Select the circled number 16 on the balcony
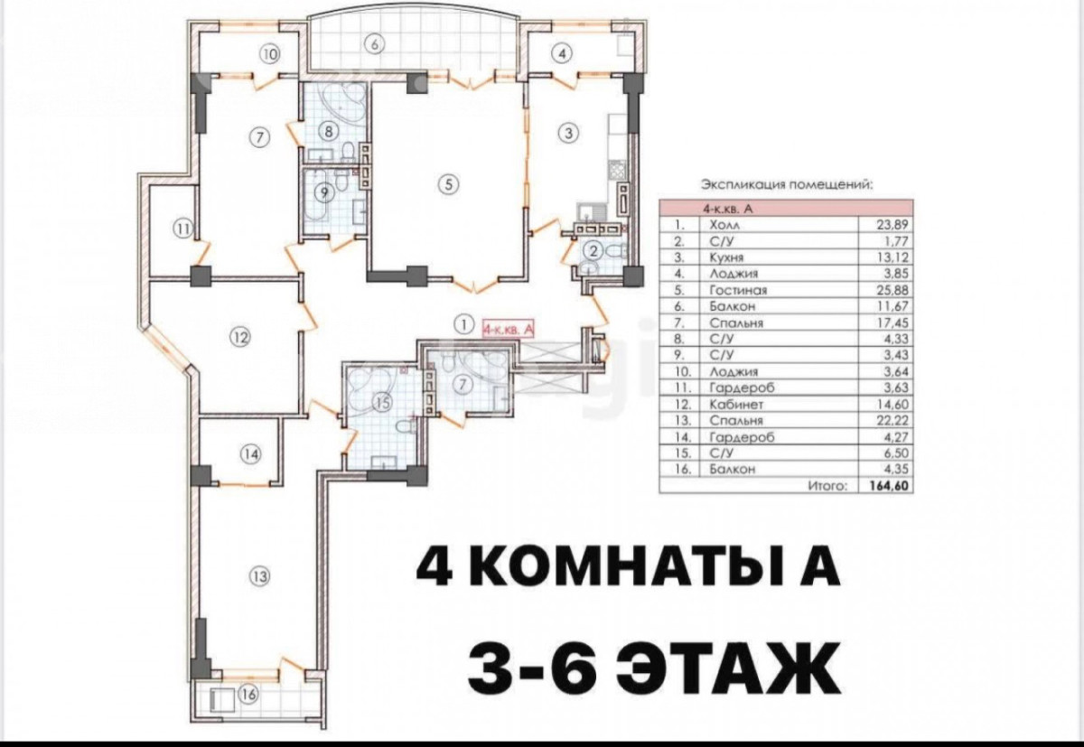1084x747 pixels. point(248,696)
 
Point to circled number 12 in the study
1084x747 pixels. point(238,339)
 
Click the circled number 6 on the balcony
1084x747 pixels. point(376,42)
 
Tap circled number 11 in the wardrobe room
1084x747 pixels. point(182,229)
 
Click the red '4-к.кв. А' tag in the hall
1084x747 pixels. point(510,330)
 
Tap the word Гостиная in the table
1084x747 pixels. point(739,290)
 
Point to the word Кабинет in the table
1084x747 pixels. point(734,404)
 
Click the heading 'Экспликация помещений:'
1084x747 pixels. point(786,184)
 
